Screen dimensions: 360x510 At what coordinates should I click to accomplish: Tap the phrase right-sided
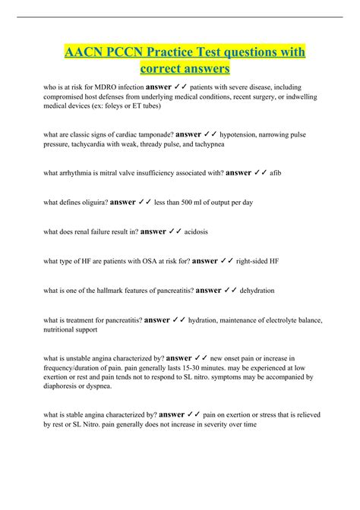256,261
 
